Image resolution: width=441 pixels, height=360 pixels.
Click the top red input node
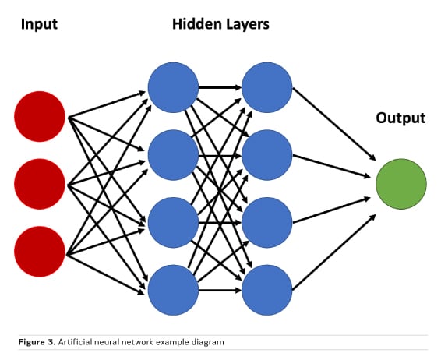click(x=40, y=116)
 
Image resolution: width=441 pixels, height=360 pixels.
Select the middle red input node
click(x=40, y=184)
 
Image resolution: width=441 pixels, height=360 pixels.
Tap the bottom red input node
click(x=40, y=252)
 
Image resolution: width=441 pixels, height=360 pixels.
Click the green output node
click(x=401, y=184)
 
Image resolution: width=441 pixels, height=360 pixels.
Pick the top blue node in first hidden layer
click(x=173, y=87)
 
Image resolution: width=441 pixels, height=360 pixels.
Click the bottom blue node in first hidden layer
click(x=173, y=290)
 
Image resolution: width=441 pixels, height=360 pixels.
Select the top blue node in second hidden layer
click(x=267, y=87)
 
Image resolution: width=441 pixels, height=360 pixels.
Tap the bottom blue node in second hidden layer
click(x=267, y=290)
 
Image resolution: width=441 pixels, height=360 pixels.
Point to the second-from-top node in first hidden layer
click(x=173, y=155)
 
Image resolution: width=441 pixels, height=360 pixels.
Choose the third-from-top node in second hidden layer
click(x=267, y=223)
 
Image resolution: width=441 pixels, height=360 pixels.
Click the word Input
click(x=39, y=24)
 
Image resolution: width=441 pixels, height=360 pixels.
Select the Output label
click(x=400, y=118)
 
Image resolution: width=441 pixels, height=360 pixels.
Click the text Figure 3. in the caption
click(x=37, y=342)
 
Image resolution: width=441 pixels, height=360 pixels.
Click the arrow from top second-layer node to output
click(x=334, y=124)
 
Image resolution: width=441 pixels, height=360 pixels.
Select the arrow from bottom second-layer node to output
click(x=334, y=252)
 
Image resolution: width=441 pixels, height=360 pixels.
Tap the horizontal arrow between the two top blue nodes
click(x=220, y=88)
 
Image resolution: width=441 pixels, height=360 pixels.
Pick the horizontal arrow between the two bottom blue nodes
click(x=220, y=290)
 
